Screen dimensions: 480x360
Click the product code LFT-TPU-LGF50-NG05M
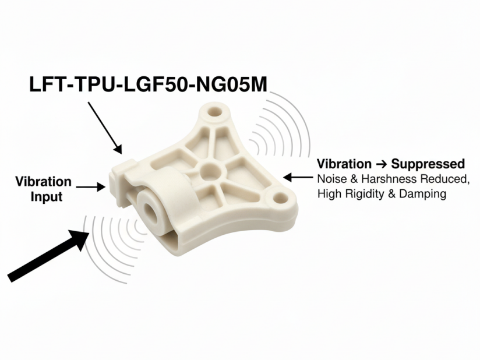(148, 84)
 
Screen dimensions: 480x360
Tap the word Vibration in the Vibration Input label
(44, 182)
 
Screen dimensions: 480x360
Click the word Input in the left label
(47, 196)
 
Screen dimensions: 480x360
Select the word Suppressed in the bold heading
(428, 164)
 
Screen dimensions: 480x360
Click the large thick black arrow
(48, 255)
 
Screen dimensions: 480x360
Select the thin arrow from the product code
(105, 128)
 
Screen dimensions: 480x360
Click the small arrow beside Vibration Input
(91, 186)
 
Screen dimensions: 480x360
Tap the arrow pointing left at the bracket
(298, 177)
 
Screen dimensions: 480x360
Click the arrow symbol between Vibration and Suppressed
(381, 164)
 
